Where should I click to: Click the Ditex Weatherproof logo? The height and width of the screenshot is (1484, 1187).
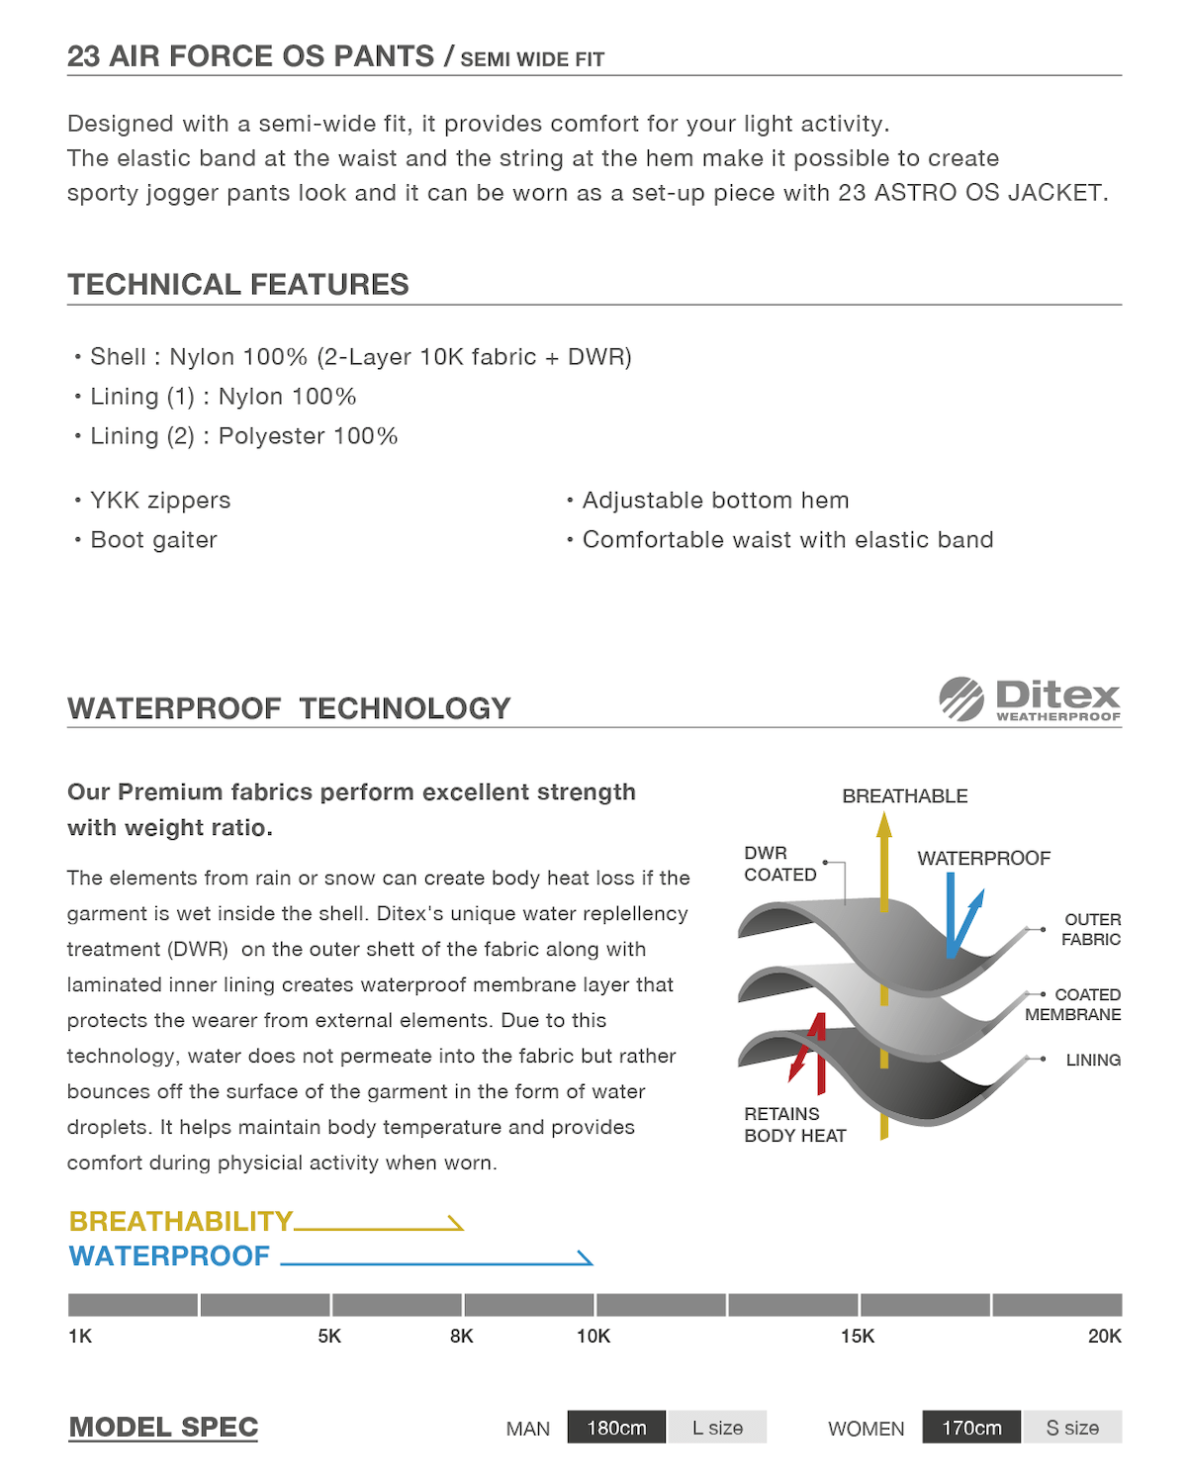click(1030, 699)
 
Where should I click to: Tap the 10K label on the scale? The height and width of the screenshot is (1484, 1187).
click(593, 1337)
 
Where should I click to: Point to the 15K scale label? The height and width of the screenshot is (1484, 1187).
click(858, 1337)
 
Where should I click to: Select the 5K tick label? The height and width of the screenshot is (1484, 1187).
click(329, 1337)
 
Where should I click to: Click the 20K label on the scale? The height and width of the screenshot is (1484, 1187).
click(1104, 1337)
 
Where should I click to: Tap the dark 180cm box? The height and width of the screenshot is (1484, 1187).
click(616, 1428)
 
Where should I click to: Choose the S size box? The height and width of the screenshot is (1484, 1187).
click(1072, 1428)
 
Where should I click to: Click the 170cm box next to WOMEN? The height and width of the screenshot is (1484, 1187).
click(971, 1428)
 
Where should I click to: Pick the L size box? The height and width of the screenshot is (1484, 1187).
click(717, 1428)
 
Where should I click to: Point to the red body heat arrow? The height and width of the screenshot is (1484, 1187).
click(809, 1049)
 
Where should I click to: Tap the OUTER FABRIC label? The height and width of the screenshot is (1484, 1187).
click(1091, 930)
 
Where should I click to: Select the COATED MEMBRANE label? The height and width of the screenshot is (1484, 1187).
click(1074, 1004)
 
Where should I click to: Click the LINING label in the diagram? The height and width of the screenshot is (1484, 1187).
click(1093, 1060)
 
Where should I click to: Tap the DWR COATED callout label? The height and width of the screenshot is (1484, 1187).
click(779, 864)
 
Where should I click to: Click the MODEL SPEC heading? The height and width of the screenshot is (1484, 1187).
click(163, 1428)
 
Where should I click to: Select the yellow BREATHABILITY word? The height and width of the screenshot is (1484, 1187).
click(181, 1221)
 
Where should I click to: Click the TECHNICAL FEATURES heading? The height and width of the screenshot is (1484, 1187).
click(238, 285)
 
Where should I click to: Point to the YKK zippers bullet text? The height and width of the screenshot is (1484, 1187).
click(160, 501)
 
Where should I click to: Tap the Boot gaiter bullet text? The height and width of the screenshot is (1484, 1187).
click(153, 540)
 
